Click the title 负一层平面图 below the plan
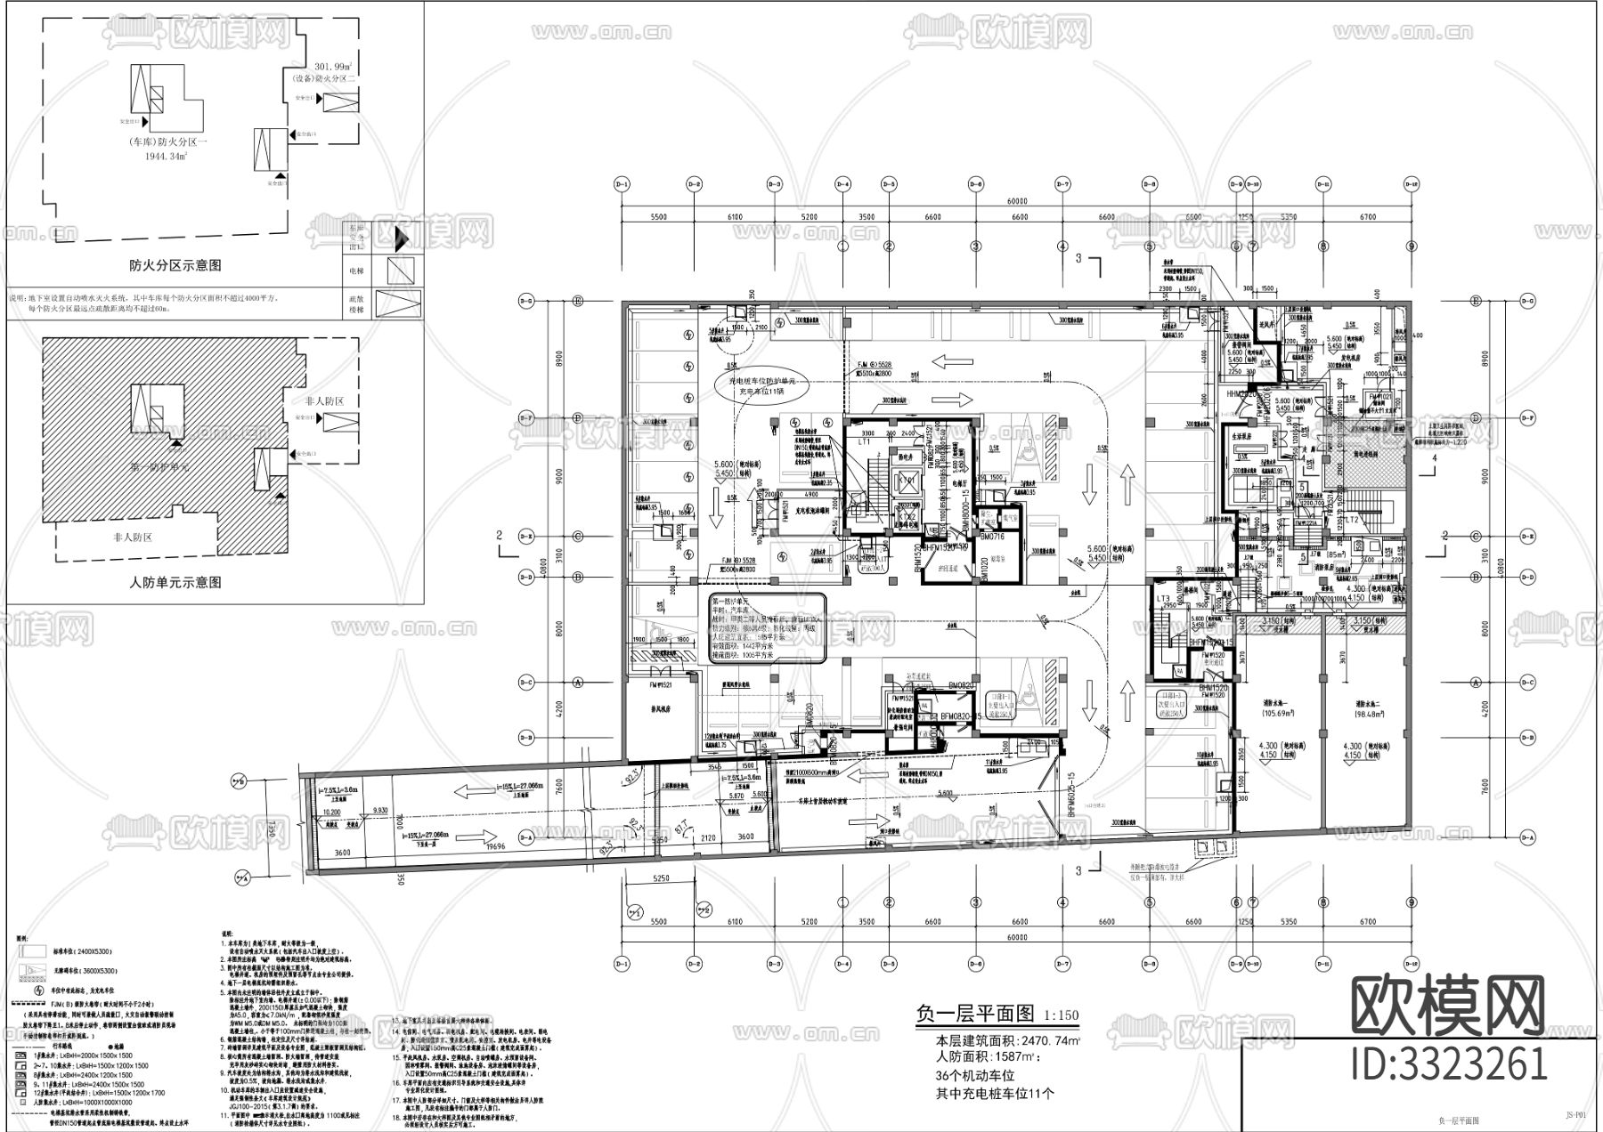pyautogui.click(x=974, y=1014)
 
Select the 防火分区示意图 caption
pyautogui.click(x=175, y=265)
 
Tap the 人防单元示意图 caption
pyautogui.click(x=175, y=582)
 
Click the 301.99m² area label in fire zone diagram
pyautogui.click(x=334, y=67)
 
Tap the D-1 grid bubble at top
pyautogui.click(x=622, y=184)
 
